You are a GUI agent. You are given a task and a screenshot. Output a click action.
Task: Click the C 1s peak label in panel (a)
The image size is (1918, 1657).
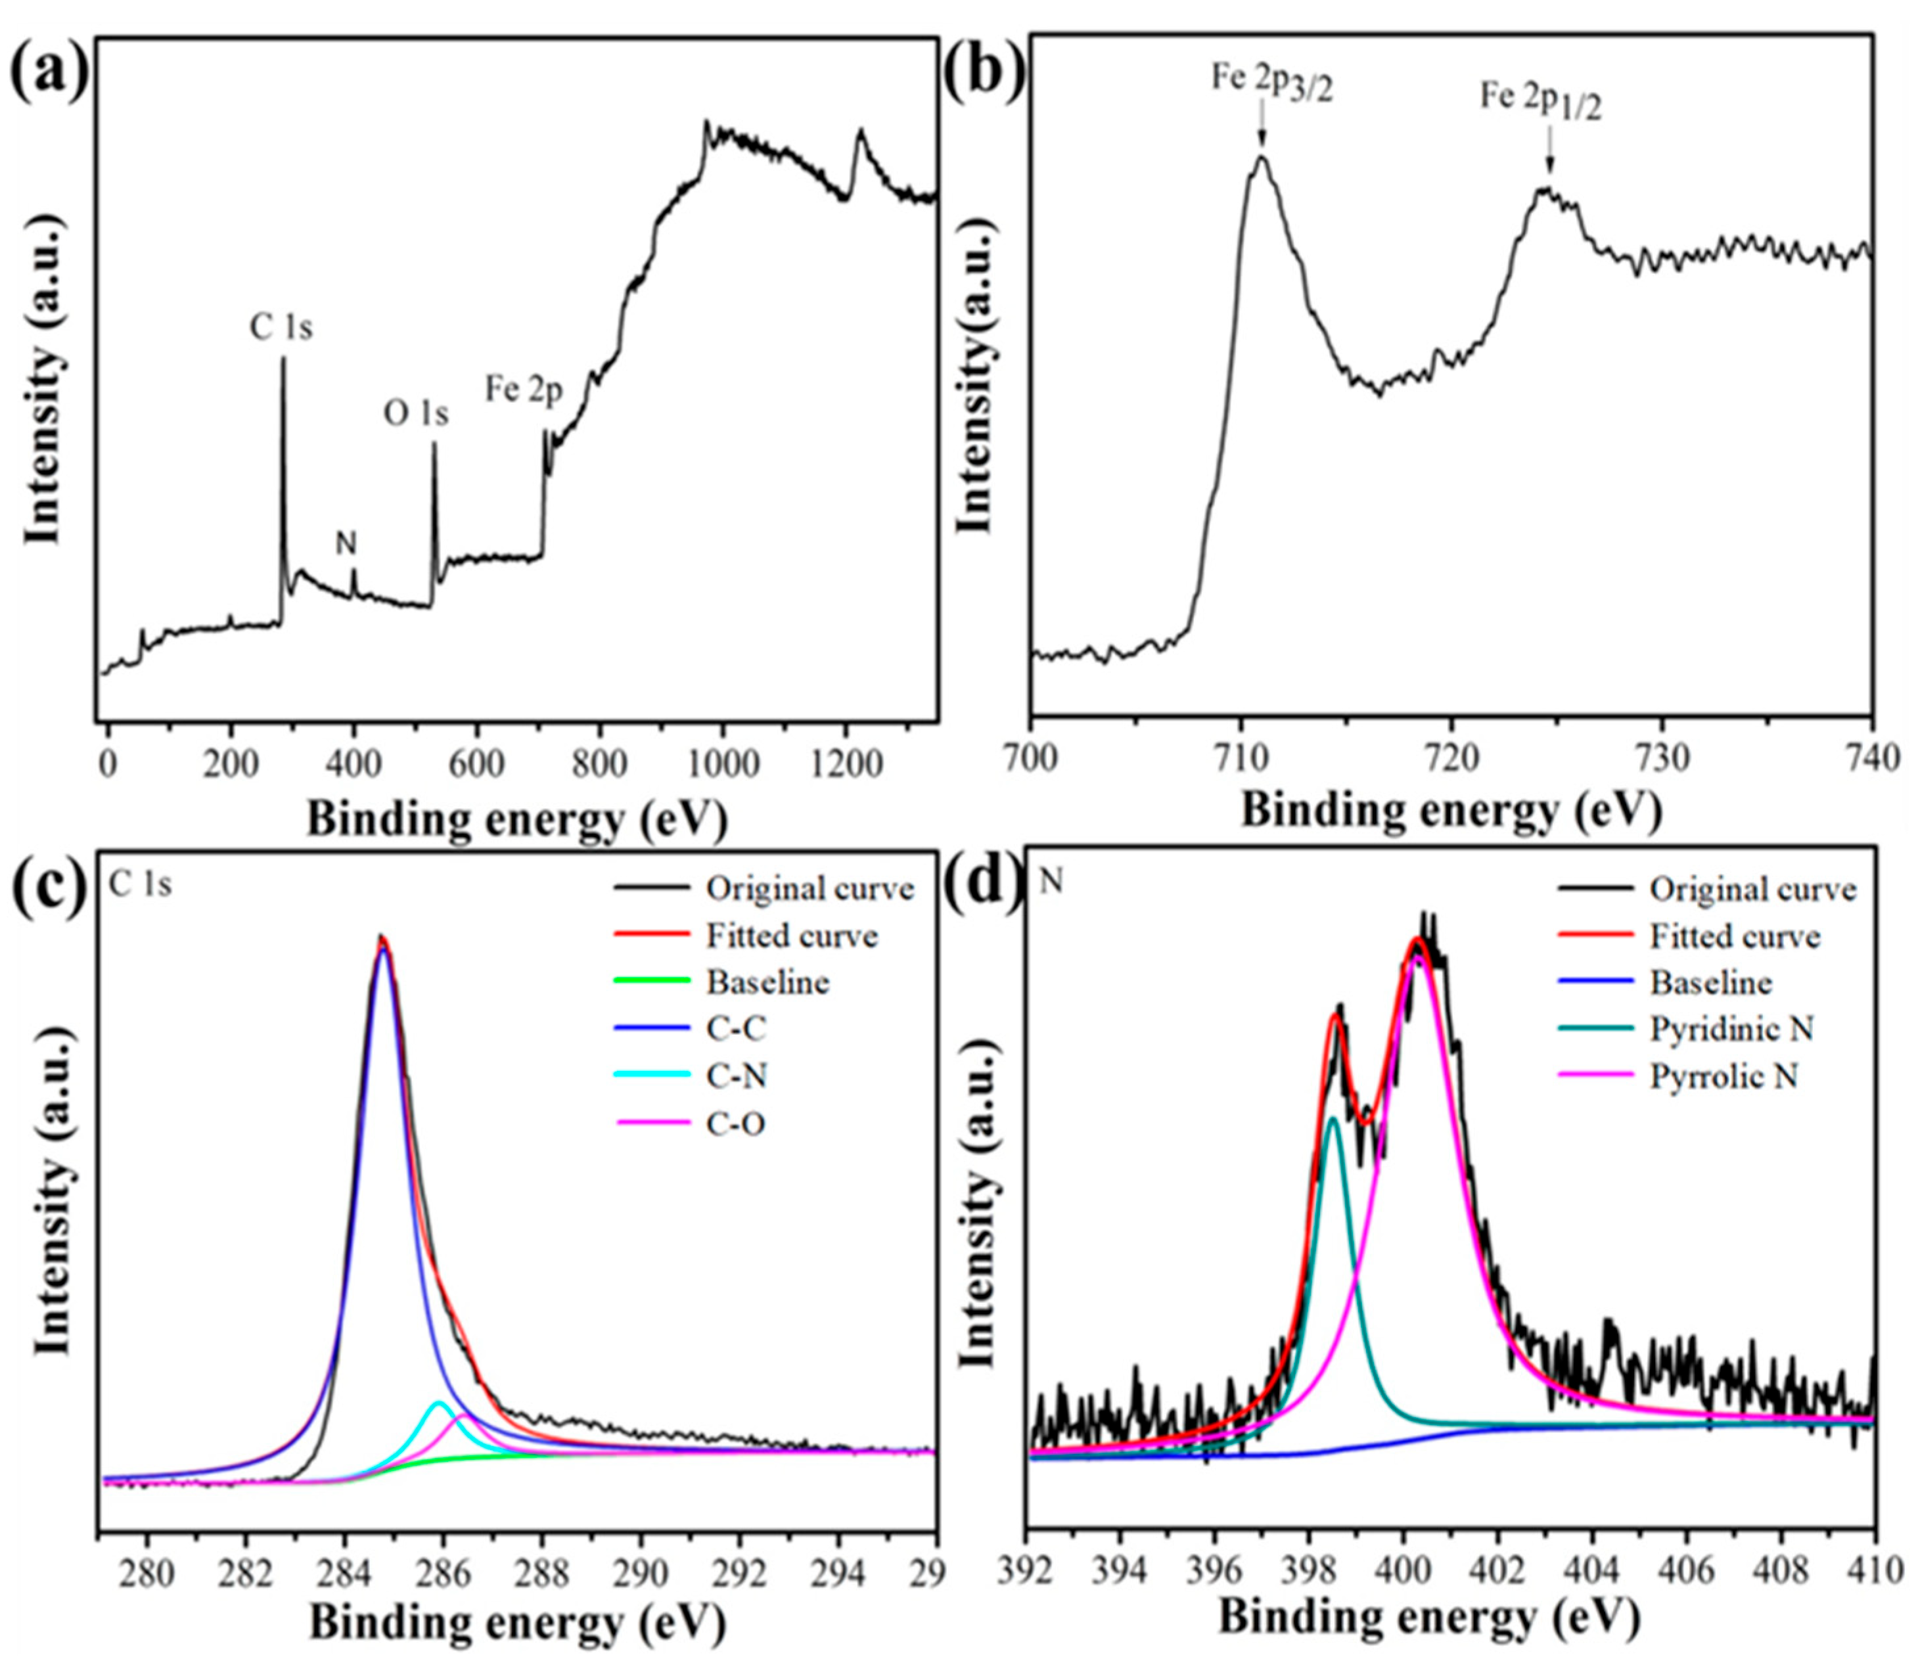click(281, 328)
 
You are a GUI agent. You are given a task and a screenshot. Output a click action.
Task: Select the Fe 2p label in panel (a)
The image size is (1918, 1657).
click(524, 391)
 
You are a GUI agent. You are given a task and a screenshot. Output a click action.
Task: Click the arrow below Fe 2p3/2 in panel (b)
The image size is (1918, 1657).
click(1261, 134)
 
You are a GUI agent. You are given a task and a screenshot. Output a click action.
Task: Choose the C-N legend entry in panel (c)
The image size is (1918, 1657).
click(737, 1076)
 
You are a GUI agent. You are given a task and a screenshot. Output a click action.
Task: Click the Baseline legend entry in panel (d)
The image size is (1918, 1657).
click(1710, 982)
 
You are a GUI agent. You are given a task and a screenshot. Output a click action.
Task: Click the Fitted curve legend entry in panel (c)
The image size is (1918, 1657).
click(792, 936)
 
